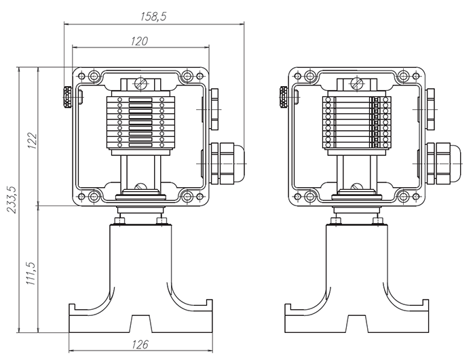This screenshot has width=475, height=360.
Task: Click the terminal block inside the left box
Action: click(x=140, y=124)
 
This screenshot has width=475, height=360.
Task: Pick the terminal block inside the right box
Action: click(x=354, y=124)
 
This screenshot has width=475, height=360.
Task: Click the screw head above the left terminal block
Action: click(x=140, y=83)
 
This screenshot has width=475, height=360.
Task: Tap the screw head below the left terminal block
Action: click(x=140, y=188)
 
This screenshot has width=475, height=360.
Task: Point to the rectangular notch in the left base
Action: click(x=140, y=323)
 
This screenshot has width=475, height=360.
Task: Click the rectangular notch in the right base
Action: click(x=356, y=323)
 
